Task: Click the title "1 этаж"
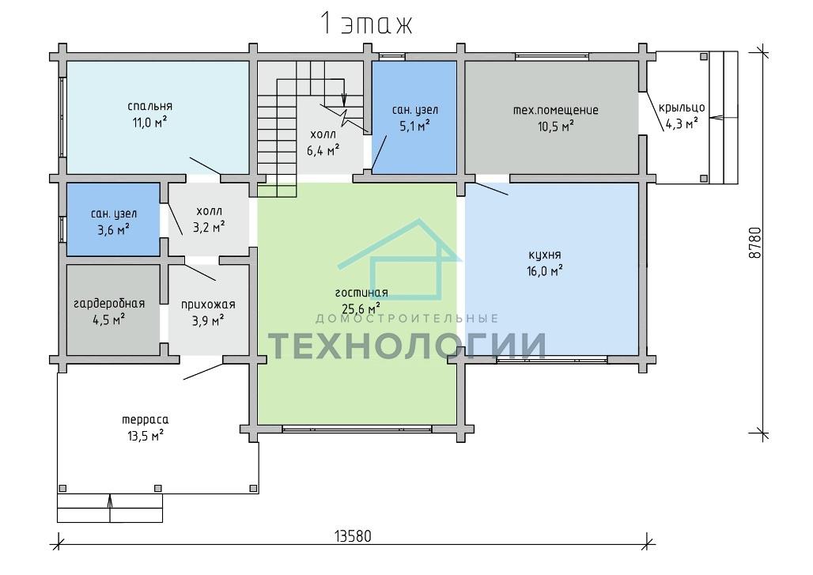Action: click(366, 23)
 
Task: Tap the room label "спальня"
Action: click(149, 106)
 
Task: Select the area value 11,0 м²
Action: click(149, 123)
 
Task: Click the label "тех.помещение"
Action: click(555, 110)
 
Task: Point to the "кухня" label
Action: click(544, 255)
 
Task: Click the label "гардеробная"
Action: click(109, 303)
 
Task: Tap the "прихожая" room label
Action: click(208, 305)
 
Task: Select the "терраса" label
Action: click(146, 419)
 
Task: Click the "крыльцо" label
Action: click(682, 108)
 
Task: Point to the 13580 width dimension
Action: click(353, 535)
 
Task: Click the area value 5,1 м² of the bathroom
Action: click(414, 126)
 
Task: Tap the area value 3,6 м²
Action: click(114, 229)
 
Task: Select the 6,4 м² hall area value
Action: click(323, 151)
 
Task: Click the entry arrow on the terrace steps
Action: click(110, 508)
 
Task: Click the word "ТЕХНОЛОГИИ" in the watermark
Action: click(407, 346)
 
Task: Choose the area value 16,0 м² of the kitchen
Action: click(545, 271)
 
